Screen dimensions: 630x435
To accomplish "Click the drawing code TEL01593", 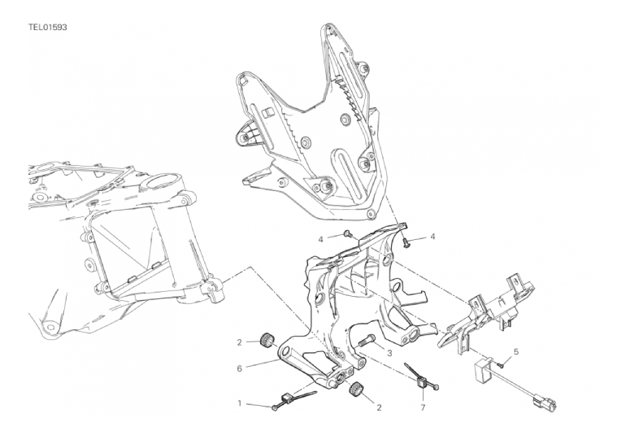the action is (x=47, y=28).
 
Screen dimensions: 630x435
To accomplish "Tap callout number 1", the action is (x=240, y=402).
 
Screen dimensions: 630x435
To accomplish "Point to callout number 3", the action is (x=389, y=353).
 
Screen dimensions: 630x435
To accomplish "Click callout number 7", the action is (x=423, y=407).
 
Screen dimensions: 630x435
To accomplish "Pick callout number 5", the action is (x=516, y=352).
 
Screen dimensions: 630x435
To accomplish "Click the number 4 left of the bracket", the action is (x=320, y=240).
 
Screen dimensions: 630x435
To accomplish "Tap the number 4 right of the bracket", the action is (x=432, y=237).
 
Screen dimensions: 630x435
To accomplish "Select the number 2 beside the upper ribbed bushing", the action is (x=240, y=342).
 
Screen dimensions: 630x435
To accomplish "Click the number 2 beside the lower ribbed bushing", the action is (x=379, y=407).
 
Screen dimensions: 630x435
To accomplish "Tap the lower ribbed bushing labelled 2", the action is (x=354, y=390).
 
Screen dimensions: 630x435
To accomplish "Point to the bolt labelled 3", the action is (x=366, y=340).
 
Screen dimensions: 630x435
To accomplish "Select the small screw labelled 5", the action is (x=500, y=365).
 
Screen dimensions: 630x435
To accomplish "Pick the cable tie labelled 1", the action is (x=293, y=399).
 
